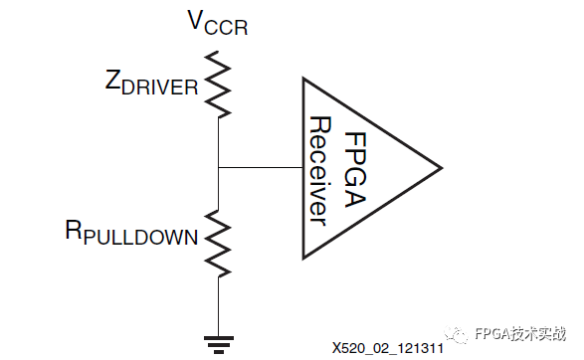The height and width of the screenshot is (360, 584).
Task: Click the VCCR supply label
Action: [x=217, y=23]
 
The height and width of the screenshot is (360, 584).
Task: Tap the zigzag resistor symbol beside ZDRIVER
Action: [x=217, y=84]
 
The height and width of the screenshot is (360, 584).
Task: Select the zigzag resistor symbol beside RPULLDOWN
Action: [x=217, y=243]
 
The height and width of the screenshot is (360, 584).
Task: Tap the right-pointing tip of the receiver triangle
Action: [x=440, y=164]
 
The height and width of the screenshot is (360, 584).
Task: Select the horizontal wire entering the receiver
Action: [x=259, y=168]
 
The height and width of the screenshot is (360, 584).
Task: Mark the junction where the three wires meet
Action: [x=217, y=168]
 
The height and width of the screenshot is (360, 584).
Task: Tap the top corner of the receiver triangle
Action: [x=302, y=79]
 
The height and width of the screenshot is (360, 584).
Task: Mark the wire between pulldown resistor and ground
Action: [x=217, y=303]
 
